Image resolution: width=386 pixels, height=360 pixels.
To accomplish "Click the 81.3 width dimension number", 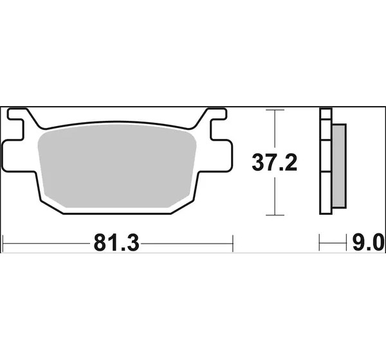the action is coord(116,244).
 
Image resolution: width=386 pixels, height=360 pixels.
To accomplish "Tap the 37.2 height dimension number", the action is coord(275,162).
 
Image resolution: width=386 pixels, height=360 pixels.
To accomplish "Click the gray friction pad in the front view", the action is coord(117,165).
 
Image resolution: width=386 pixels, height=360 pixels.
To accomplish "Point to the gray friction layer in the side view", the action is coord(339,166).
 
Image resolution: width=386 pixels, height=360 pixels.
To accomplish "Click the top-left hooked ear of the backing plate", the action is coord(18,114).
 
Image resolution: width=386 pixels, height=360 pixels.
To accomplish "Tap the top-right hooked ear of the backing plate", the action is coord(217,114).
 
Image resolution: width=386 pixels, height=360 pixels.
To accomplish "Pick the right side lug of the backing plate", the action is coord(221,156).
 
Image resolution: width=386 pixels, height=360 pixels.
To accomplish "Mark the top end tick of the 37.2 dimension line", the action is coord(275,110).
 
